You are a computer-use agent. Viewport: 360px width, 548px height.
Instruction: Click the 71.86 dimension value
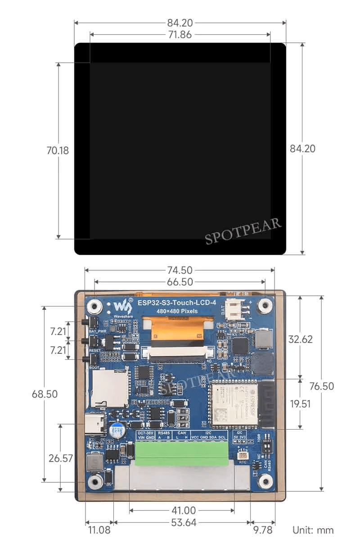pos(180,35)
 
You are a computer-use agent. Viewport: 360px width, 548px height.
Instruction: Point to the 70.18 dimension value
pos(58,150)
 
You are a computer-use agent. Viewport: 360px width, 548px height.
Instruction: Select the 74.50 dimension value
pos(180,270)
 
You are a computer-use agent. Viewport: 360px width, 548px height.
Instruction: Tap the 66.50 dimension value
pos(180,282)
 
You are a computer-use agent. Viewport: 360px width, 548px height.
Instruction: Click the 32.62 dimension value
pos(301,339)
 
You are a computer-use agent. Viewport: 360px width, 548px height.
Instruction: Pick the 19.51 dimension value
pos(300,403)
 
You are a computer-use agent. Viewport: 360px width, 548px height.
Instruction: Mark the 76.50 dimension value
pos(322,386)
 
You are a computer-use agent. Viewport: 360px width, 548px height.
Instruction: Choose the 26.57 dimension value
pos(61,458)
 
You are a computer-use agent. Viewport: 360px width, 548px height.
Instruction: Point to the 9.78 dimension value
pos(262,530)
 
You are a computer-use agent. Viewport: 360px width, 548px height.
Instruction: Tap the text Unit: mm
pos(313,530)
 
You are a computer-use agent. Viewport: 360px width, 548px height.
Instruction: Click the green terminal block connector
pos(184,453)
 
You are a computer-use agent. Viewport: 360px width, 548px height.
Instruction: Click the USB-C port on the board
pos(95,424)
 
